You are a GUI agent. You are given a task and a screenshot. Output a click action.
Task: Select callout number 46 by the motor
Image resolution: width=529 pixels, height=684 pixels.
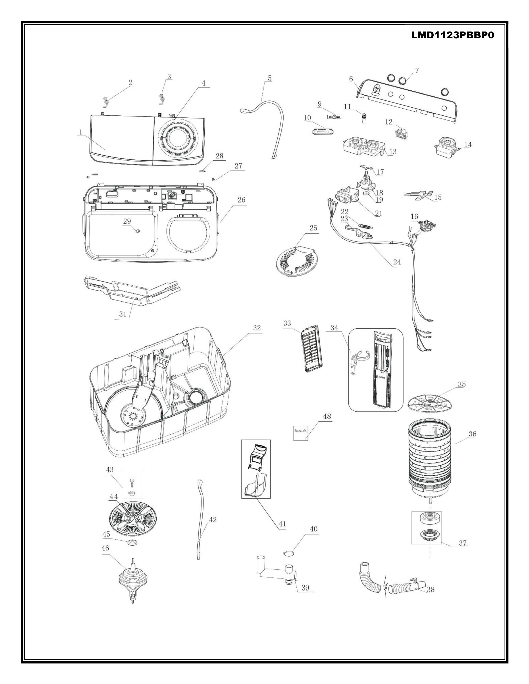105,557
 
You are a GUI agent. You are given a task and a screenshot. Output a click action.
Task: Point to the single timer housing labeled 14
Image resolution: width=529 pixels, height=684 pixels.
445,147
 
